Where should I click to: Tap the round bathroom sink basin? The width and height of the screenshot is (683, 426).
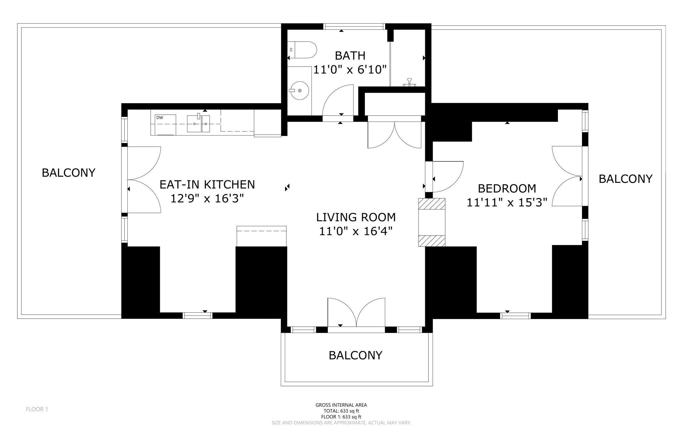coord(299,90)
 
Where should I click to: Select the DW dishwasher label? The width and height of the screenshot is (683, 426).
coord(160,118)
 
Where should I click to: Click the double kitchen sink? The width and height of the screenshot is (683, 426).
coord(198,124)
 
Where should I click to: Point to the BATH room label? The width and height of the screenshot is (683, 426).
coord(350,56)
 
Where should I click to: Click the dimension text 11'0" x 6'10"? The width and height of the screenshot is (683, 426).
coord(350,70)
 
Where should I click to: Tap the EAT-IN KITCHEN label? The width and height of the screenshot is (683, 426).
coord(207,185)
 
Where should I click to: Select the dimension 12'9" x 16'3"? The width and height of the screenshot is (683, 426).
coord(207,199)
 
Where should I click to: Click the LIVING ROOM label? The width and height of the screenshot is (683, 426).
coord(356,217)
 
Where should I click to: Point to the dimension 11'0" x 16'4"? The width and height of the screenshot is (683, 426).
coord(356,231)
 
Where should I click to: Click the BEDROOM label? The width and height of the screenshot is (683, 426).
coord(507,189)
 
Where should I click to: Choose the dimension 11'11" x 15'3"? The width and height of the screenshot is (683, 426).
coord(507,203)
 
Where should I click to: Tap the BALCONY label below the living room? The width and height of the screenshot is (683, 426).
coord(356,355)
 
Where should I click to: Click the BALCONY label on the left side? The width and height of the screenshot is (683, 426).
coord(68,173)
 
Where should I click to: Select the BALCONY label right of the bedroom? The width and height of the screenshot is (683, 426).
coord(625,179)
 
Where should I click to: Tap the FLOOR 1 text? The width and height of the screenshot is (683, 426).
coord(37,409)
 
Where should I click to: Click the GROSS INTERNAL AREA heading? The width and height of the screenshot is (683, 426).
coord(341,405)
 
